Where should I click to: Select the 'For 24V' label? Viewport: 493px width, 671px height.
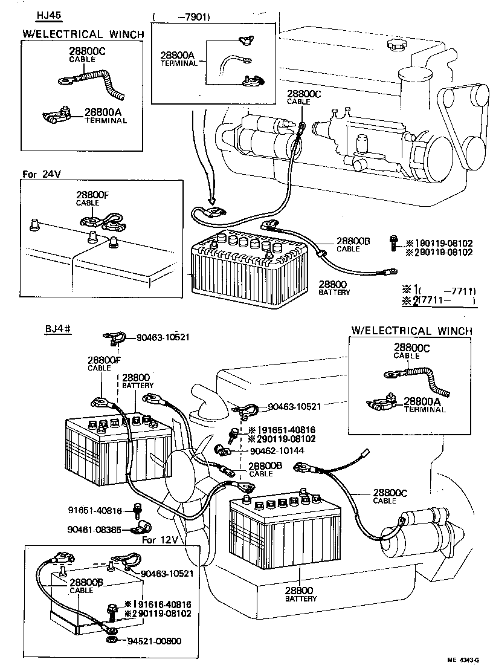42,174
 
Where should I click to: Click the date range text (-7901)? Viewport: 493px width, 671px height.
182,17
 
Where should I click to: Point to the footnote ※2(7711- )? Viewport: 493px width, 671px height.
439,300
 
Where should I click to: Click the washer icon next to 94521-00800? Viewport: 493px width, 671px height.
112,640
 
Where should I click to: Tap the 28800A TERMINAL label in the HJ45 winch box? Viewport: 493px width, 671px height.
105,115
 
